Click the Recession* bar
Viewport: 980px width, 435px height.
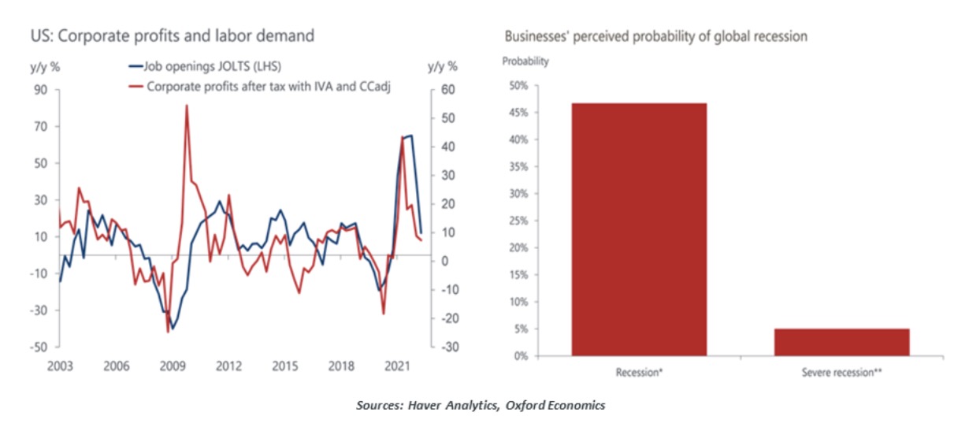tap(639, 229)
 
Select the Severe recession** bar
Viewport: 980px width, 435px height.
tap(841, 342)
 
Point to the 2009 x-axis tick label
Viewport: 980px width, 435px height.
tap(172, 366)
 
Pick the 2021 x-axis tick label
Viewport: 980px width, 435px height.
tap(399, 366)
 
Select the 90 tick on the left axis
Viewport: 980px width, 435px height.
tap(40, 91)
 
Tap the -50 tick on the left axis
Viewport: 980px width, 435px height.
tap(38, 348)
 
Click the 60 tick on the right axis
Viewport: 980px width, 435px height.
tap(446, 91)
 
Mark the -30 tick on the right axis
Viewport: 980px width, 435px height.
tap(446, 348)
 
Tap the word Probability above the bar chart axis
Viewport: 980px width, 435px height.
tap(525, 61)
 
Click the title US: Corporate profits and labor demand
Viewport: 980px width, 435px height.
tap(173, 36)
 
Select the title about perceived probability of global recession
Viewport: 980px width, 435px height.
tap(655, 36)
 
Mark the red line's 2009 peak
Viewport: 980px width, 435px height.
tap(187, 106)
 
